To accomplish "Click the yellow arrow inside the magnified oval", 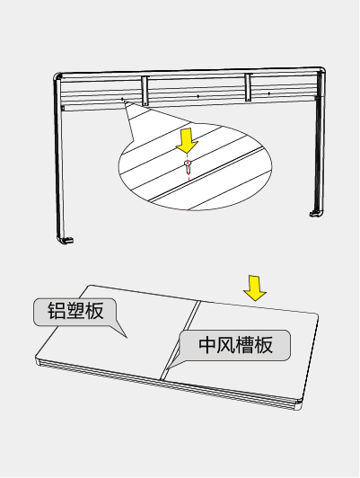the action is click(187, 141).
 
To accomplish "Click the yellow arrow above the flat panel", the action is click(255, 288).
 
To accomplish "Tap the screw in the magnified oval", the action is click(188, 166).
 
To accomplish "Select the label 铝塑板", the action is click(75, 311).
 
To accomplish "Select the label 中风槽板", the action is click(235, 345).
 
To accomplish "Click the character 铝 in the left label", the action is click(57, 311).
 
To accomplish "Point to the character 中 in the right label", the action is click(207, 345).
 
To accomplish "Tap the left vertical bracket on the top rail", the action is click(145, 91).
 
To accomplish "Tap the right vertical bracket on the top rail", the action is click(248, 87).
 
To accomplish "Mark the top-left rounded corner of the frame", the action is click(57, 76).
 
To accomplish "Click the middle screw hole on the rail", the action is click(198, 96).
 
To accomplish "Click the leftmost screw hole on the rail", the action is click(122, 99).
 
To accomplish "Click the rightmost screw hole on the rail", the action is click(269, 93).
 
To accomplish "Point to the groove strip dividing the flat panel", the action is click(180, 340).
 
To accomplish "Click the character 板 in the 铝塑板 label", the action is click(94, 311).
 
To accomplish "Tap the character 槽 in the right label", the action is click(245, 345).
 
